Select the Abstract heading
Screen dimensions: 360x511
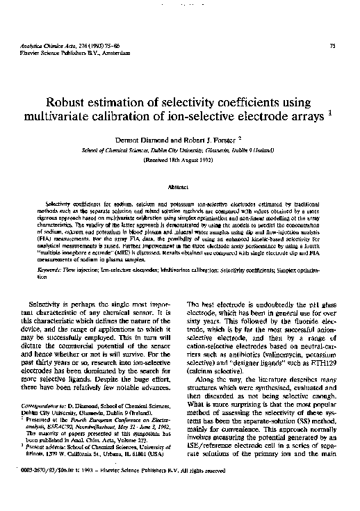click(179, 187)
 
